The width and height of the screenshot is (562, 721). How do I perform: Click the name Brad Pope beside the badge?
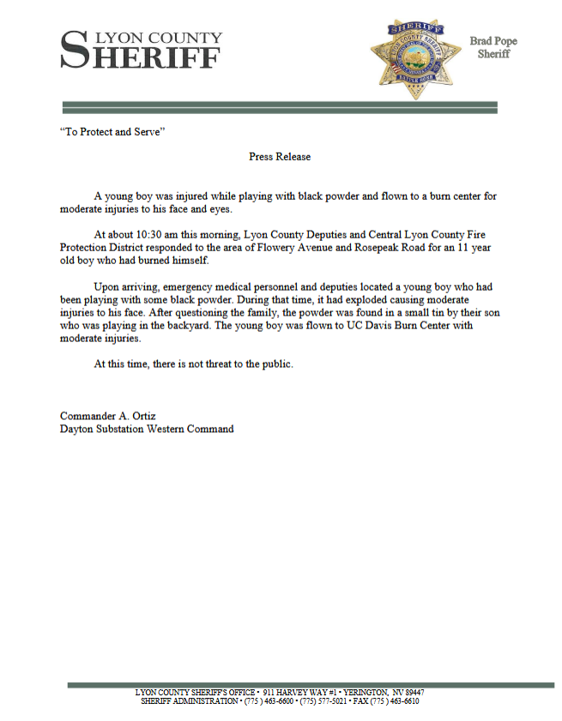point(493,41)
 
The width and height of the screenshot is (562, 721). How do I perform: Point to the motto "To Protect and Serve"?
point(112,134)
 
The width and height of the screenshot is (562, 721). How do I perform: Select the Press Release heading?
point(280,157)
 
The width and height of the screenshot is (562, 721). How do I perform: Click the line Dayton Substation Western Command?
point(147,429)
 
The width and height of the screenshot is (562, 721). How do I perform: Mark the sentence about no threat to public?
point(193,364)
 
